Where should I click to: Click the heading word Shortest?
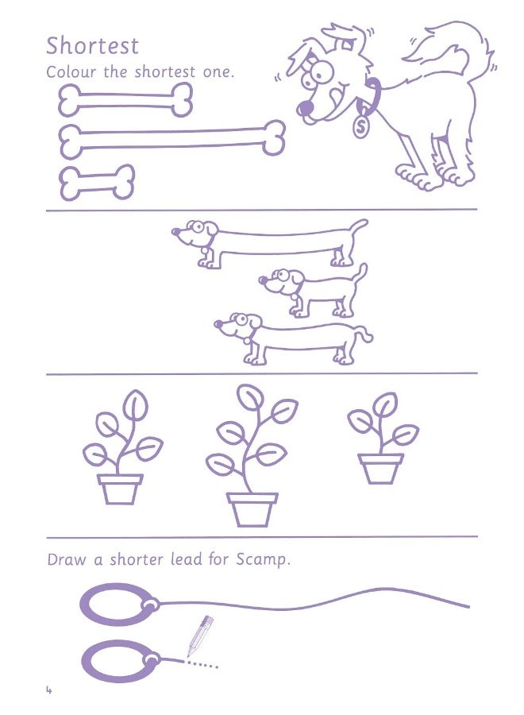click(x=92, y=44)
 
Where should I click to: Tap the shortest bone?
click(x=97, y=183)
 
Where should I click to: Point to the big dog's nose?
click(x=304, y=106)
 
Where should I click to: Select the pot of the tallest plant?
click(x=252, y=508)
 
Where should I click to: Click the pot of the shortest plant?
click(x=380, y=467)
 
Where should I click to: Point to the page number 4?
click(x=48, y=690)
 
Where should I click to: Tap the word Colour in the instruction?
click(x=69, y=72)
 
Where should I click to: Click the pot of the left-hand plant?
click(x=120, y=489)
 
